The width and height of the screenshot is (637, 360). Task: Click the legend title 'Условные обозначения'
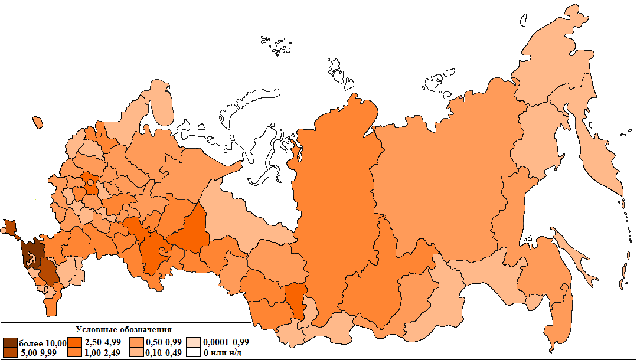124,329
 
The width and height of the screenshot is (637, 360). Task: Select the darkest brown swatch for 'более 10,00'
10,343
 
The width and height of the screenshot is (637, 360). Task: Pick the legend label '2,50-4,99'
103,343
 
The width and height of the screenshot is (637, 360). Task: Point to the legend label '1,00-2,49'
103,353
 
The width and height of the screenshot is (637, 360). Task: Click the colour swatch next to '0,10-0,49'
136,353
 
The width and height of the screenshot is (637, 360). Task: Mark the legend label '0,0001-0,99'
226,343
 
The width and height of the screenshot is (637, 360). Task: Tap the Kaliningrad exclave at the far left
38,122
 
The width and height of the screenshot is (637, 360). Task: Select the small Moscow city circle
90,183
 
